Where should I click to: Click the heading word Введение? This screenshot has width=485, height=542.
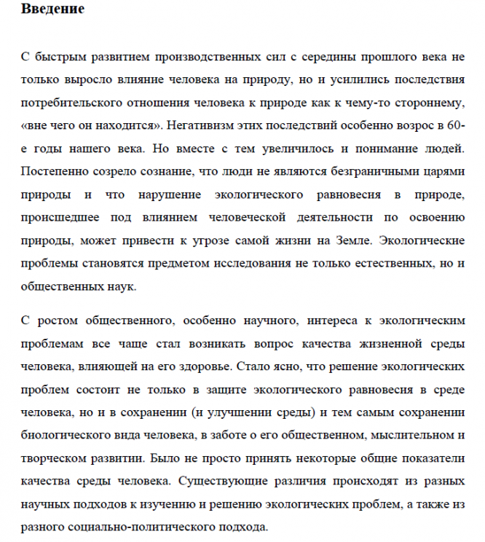pyautogui.click(x=52, y=9)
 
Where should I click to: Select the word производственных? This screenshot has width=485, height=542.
pyautogui.click(x=227, y=55)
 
